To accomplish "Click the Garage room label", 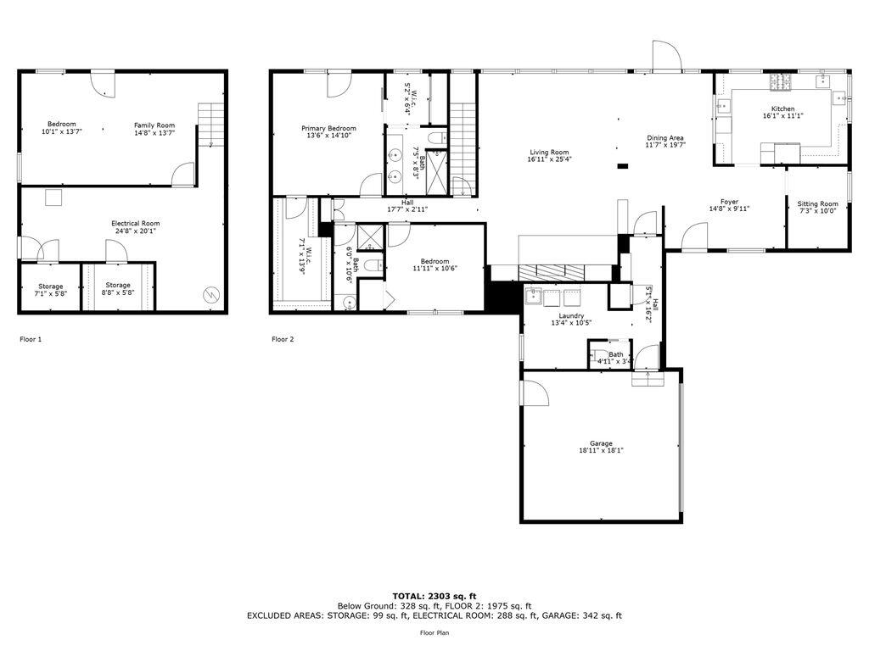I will point(601,443).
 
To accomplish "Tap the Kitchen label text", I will point(782,108).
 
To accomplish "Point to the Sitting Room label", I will point(817,203).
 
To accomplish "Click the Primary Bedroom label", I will point(329,128).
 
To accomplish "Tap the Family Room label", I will point(154,125).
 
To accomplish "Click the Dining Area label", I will point(665,137).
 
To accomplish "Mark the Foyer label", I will point(729,202).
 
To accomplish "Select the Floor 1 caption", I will point(31,339).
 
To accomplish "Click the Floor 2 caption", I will point(283,339).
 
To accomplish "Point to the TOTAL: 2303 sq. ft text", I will point(434,596).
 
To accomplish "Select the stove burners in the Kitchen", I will point(780,82).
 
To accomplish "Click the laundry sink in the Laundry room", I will point(534,297).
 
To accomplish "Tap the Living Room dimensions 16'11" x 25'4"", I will point(549,159).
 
